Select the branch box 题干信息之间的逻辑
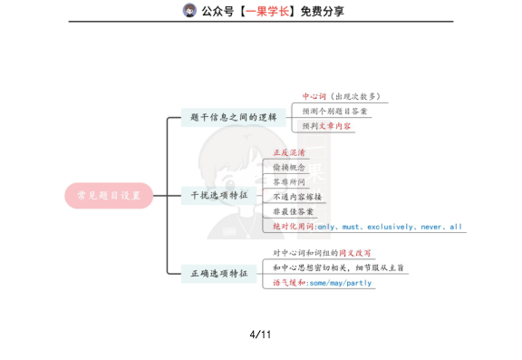coord(234,118)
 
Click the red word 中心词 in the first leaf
coord(314,96)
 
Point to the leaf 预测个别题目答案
coord(334,111)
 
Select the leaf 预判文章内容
coord(327,126)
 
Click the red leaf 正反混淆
coord(289,152)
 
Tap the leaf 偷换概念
coord(289,168)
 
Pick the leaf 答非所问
coord(289,182)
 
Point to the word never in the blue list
coord(431,227)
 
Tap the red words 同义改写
coord(354,253)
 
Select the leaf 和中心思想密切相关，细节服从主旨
coord(338,268)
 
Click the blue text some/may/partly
coord(340,283)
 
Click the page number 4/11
coord(261,335)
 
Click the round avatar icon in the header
coord(189,11)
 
